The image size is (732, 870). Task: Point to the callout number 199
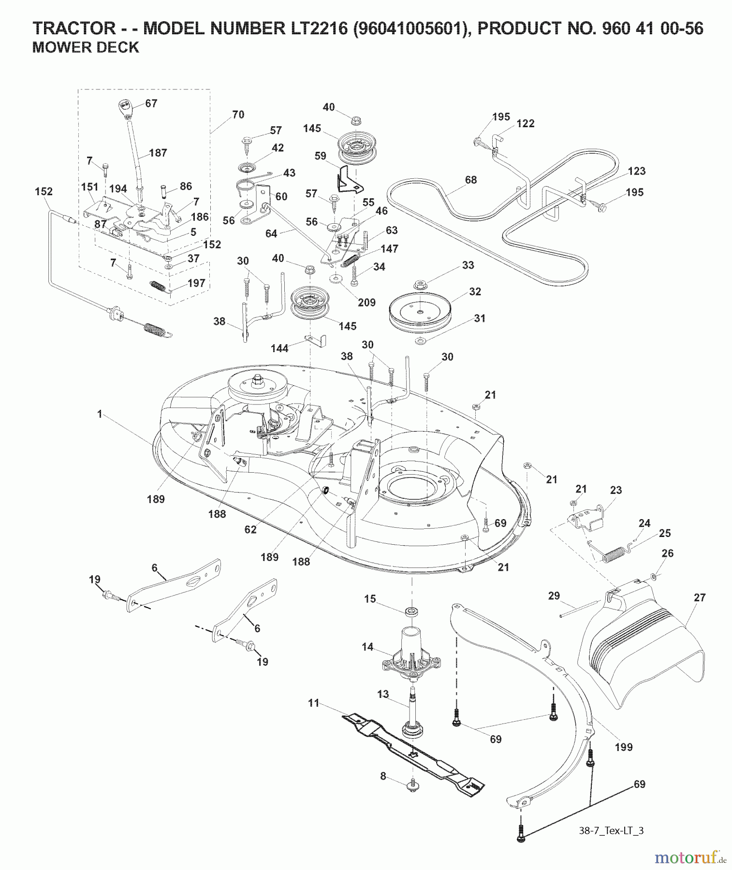click(623, 747)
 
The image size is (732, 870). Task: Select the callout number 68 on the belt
click(470, 180)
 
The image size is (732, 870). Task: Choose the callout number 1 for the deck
click(100, 414)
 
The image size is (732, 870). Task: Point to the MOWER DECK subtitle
click(86, 47)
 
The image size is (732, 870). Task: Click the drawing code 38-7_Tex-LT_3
click(611, 831)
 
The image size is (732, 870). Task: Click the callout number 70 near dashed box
click(238, 115)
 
